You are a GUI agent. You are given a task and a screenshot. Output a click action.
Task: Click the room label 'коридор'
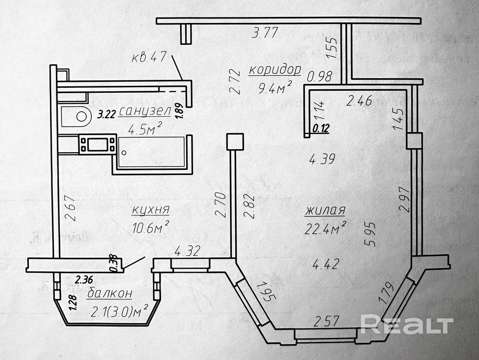(x=274, y=69)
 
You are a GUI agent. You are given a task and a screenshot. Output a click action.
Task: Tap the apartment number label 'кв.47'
(x=149, y=57)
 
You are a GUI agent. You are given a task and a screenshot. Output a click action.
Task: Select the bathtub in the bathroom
(x=152, y=152)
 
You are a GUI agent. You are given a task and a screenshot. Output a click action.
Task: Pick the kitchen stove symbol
(x=98, y=145)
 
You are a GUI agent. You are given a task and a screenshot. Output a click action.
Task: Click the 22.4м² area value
(x=326, y=229)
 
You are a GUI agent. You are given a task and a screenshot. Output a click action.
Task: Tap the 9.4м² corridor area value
(x=275, y=89)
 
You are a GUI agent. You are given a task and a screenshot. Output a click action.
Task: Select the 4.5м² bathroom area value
(x=145, y=130)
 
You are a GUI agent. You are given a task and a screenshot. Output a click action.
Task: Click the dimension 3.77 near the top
(x=265, y=34)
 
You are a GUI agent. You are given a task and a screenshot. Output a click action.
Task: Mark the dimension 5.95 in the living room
(x=371, y=234)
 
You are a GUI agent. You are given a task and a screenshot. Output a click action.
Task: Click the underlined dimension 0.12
(x=321, y=128)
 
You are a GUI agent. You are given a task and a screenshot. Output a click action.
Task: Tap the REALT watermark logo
(x=407, y=325)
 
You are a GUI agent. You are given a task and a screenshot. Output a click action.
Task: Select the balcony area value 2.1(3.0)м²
(x=119, y=312)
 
